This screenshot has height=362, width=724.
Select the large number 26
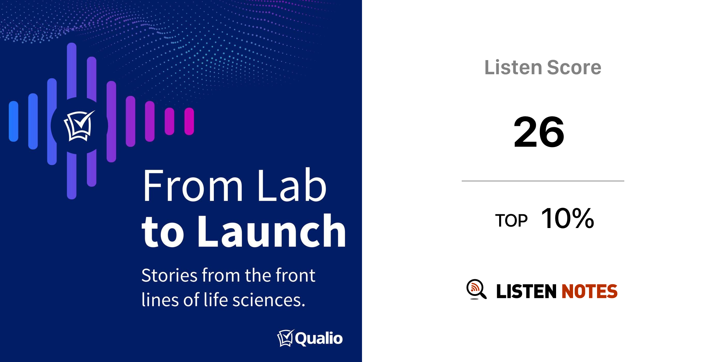[x=539, y=132]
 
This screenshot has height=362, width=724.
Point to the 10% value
[x=567, y=218]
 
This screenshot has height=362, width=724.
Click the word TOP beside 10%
[x=511, y=221]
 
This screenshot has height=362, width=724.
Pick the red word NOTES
[x=589, y=291]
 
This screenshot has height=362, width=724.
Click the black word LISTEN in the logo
[x=526, y=291]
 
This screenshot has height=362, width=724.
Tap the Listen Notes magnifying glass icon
[x=476, y=289]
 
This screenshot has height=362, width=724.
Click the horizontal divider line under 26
[x=543, y=181]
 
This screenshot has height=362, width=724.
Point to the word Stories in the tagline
[x=169, y=275]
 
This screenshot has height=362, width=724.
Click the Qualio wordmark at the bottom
[x=319, y=339]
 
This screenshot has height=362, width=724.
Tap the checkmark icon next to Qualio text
[x=286, y=338]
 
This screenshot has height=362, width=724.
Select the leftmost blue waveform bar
[x=13, y=121]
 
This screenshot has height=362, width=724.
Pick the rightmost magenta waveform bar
[x=189, y=121]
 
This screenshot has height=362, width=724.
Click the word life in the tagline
[x=215, y=299]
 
